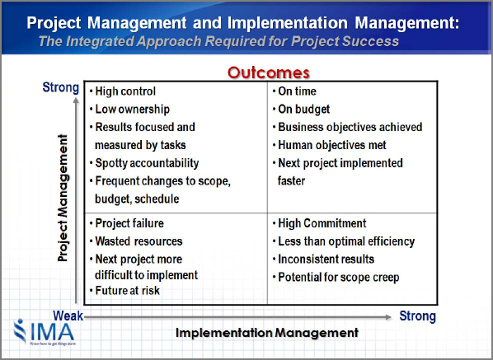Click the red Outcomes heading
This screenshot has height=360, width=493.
(269, 72)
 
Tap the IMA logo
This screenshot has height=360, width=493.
(45, 332)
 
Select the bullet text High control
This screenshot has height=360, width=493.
(125, 91)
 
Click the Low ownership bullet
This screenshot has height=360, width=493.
(133, 110)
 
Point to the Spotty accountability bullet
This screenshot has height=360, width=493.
(147, 163)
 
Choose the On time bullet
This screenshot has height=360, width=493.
(297, 91)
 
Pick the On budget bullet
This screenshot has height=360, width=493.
(304, 110)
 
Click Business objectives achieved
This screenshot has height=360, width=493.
(350, 127)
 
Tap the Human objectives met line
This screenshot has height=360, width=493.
(332, 145)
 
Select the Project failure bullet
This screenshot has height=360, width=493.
(129, 223)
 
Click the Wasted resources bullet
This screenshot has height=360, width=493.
(139, 241)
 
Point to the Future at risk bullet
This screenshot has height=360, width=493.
(127, 291)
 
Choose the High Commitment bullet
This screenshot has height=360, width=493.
(322, 223)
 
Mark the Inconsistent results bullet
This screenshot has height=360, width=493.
(326, 259)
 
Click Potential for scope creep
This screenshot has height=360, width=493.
(339, 278)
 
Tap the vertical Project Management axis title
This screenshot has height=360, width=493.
(63, 198)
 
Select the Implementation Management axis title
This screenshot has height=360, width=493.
(267, 333)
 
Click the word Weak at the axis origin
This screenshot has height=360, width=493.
(68, 316)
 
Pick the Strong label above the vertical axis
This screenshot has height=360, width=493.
(61, 87)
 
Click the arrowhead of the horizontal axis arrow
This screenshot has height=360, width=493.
(388, 317)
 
